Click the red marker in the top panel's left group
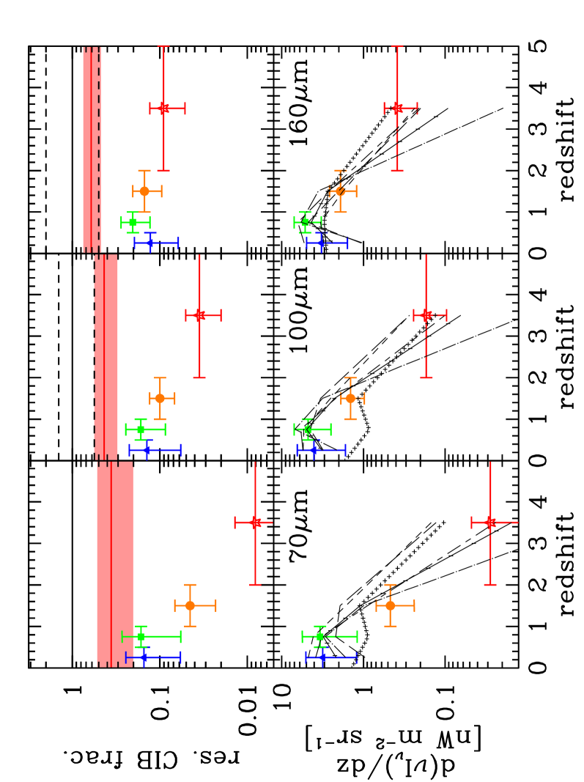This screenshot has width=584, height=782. tap(163, 108)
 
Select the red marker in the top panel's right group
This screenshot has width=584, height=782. tap(397, 108)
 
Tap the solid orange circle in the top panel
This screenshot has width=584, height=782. tap(144, 191)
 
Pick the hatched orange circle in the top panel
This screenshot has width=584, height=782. tap(340, 191)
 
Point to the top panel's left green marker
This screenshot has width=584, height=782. tap(133, 222)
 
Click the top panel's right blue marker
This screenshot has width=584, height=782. tap(321, 243)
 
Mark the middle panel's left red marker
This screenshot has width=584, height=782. tap(199, 315)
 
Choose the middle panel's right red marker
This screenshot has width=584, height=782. tap(426, 315)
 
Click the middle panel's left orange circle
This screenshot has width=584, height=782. tap(160, 399)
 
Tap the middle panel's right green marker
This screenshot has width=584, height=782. tap(308, 429)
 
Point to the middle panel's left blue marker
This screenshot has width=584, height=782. tap(147, 450)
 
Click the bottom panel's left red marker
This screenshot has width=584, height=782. tap(255, 523)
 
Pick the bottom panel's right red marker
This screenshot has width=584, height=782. tap(490, 523)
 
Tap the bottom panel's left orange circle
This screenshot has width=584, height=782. tap(190, 605)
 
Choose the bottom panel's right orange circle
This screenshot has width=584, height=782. tap(390, 605)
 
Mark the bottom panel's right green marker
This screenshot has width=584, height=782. tap(319, 637)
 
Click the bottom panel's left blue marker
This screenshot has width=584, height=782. tap(144, 657)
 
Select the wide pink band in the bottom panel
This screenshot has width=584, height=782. tap(115, 564)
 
